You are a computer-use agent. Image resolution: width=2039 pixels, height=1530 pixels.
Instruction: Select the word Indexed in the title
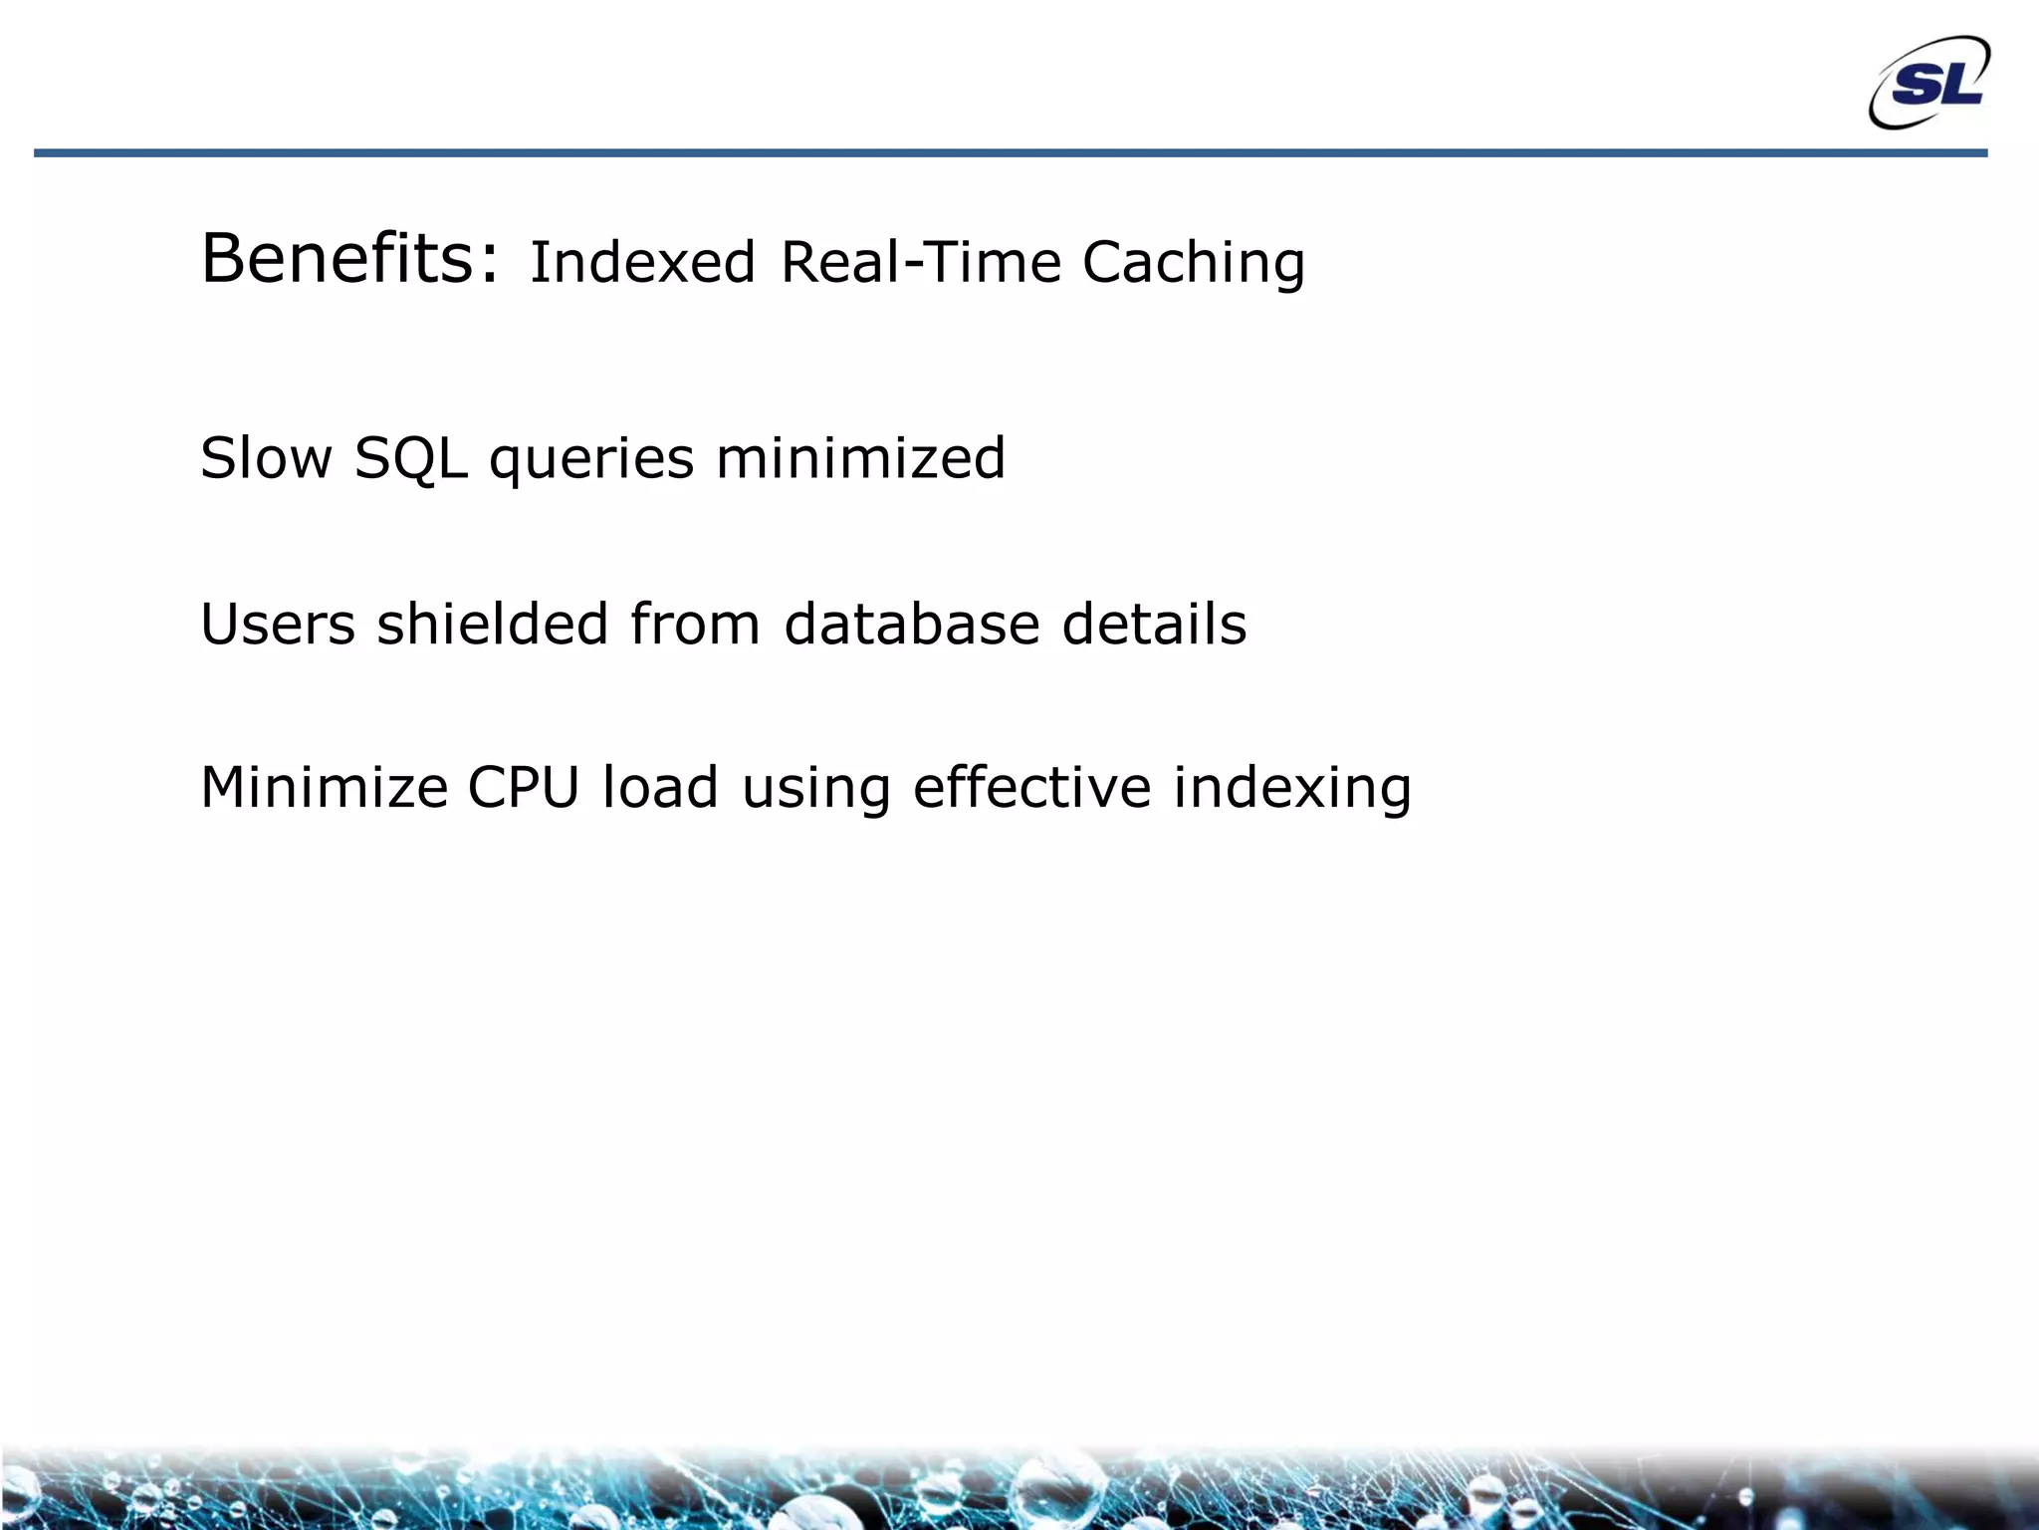pyautogui.click(x=642, y=263)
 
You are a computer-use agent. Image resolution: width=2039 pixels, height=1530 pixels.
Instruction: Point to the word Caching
pyautogui.click(x=1193, y=263)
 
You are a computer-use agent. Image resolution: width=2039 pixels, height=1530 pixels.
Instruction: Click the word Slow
pyautogui.click(x=266, y=458)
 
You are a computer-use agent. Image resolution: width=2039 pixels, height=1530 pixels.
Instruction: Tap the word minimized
pyautogui.click(x=860, y=458)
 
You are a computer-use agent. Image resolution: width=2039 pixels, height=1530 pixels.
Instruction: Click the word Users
pyautogui.click(x=278, y=625)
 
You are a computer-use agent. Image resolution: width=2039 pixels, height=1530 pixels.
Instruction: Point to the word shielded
pyautogui.click(x=492, y=625)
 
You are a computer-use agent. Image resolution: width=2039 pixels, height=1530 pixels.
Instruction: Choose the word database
pyautogui.click(x=912, y=625)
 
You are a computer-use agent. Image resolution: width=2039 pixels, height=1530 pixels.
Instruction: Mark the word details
pyautogui.click(x=1154, y=625)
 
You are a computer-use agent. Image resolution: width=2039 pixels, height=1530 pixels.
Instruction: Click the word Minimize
pyautogui.click(x=325, y=787)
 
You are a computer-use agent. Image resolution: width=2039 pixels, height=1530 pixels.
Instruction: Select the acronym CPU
pyautogui.click(x=524, y=787)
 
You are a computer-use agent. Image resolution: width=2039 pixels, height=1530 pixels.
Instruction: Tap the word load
pyautogui.click(x=660, y=787)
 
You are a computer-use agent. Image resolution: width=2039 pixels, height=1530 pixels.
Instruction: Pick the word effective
pyautogui.click(x=1031, y=787)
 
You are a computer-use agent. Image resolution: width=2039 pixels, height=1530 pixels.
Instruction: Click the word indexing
pyautogui.click(x=1292, y=789)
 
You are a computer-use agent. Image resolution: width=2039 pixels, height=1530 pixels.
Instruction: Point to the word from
pyautogui.click(x=695, y=625)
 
